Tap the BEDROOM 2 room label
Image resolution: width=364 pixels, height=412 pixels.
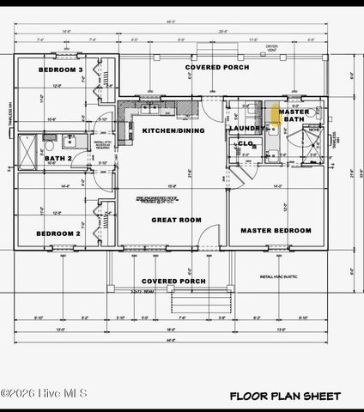[58, 233]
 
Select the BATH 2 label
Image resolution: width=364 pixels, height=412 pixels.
[58, 159]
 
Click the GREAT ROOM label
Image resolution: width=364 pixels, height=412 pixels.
[176, 221]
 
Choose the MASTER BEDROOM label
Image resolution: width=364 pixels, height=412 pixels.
[275, 231]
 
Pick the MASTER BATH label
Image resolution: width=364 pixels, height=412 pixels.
[294, 116]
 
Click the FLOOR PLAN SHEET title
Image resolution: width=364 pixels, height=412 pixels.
[284, 396]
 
